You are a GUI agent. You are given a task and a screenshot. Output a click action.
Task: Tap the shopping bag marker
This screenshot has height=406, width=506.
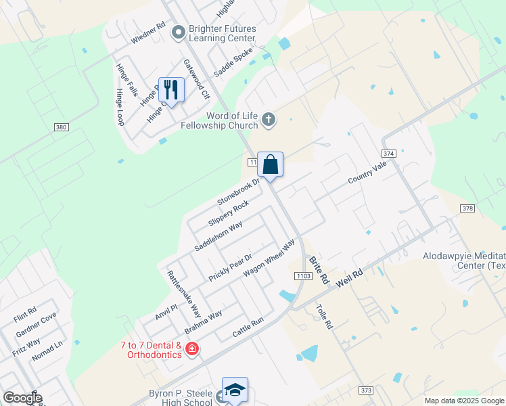click(x=270, y=164)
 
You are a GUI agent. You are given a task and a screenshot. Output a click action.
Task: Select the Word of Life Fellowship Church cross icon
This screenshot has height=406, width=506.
click(x=269, y=120)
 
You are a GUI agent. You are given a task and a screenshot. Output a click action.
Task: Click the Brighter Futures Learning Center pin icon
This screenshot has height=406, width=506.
click(x=179, y=32)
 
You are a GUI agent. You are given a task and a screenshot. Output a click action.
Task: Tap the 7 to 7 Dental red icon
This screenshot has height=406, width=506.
click(x=192, y=349)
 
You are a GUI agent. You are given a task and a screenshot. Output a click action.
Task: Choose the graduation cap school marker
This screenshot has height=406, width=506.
click(x=234, y=390)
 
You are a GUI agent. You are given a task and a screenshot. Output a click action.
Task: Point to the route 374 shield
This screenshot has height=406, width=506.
click(x=388, y=154)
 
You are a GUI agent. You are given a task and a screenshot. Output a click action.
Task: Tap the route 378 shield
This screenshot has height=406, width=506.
click(x=467, y=208)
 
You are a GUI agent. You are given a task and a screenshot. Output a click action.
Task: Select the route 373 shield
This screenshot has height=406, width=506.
click(x=366, y=390)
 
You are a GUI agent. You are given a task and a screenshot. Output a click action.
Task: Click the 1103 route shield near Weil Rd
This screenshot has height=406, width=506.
click(x=302, y=276)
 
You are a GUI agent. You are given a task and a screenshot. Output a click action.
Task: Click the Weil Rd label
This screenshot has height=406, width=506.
click(x=349, y=277)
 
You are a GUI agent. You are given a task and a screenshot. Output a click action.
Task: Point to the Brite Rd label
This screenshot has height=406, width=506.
click(x=319, y=269)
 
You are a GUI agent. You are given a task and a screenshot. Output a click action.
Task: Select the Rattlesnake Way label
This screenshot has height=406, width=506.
click(x=184, y=295)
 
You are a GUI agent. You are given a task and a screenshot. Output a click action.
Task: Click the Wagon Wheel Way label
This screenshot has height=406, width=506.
click(x=269, y=257)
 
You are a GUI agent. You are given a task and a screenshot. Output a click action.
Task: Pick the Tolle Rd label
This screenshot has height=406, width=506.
click(x=324, y=315)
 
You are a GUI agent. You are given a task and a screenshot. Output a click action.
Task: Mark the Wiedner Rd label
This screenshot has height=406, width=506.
click(x=148, y=34)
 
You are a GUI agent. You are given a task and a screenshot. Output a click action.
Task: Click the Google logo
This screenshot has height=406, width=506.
click(x=22, y=398)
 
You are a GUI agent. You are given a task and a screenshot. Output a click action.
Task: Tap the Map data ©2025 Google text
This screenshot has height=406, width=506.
click(x=463, y=401)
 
